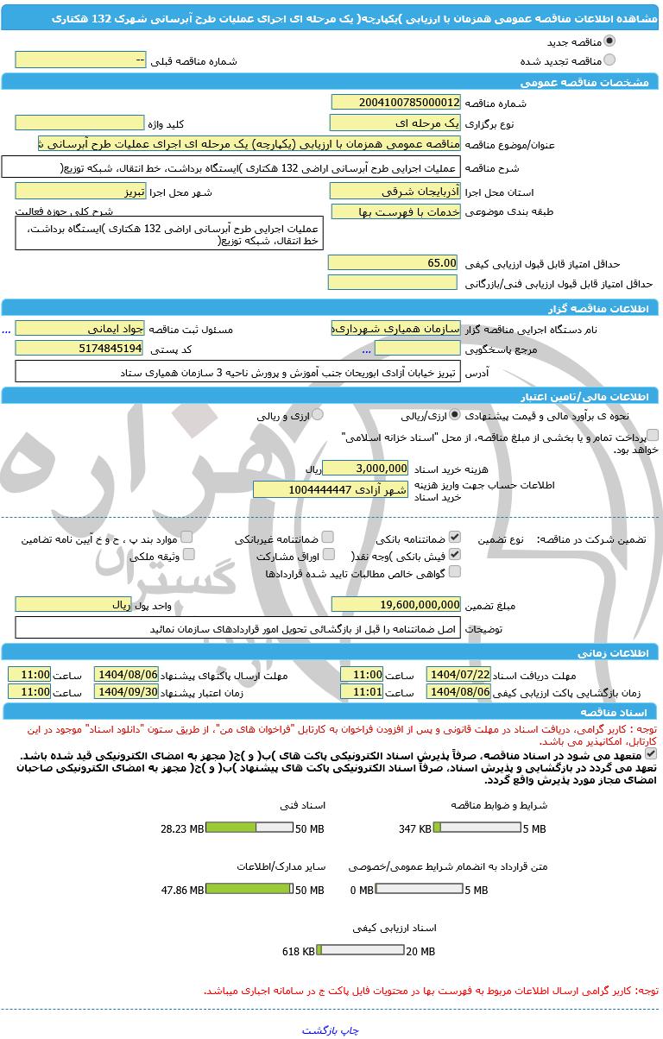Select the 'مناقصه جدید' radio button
[610, 41]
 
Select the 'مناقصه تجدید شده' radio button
[610, 60]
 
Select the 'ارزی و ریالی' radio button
[318, 415]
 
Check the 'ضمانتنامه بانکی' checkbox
[455, 538]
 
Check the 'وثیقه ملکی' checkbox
[189, 555]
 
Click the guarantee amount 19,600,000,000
[395, 605]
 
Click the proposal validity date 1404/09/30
[126, 692]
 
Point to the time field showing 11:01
[362, 692]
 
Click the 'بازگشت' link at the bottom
[320, 1030]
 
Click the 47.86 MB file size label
[182, 890]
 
